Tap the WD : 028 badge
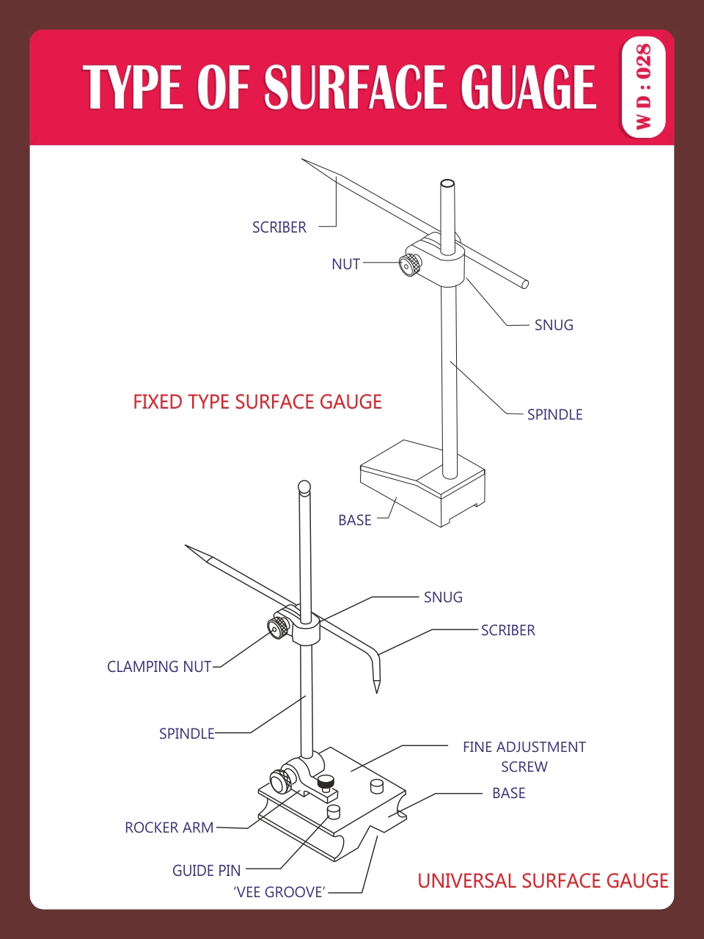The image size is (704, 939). [x=643, y=87]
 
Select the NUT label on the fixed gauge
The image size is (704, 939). [x=345, y=264]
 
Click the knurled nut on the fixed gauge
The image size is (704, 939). [x=411, y=265]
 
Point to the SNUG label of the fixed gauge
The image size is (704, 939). [x=554, y=325]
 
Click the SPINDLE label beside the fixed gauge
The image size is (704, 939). [x=554, y=414]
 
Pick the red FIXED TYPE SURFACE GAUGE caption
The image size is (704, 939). [x=257, y=402]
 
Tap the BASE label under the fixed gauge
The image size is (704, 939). [x=354, y=520]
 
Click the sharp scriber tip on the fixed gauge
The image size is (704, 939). [x=304, y=161]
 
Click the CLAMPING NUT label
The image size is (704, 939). [x=159, y=667]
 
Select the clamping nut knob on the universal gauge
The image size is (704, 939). [x=279, y=628]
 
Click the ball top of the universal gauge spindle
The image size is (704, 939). [x=304, y=486]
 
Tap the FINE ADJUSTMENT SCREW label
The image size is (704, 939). [x=524, y=756]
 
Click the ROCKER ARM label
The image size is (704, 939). [x=169, y=827]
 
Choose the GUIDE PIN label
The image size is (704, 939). [x=206, y=871]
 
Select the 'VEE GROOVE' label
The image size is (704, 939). [x=279, y=892]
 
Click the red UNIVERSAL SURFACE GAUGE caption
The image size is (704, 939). [x=543, y=881]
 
